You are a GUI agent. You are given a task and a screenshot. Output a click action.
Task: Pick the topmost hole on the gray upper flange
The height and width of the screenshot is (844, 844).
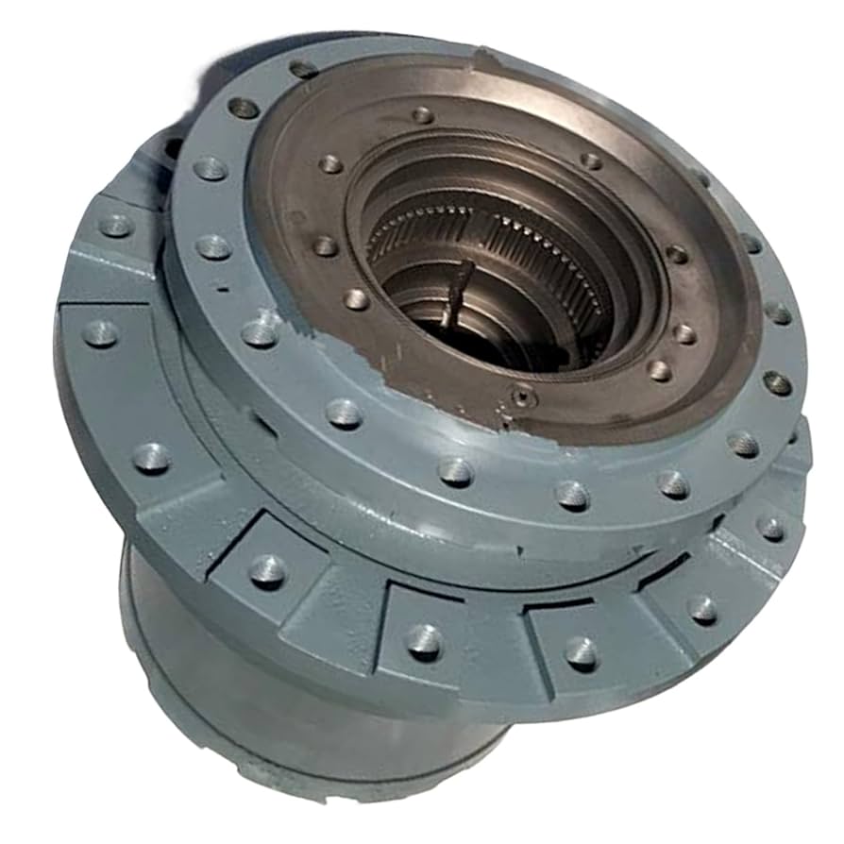click(303, 69)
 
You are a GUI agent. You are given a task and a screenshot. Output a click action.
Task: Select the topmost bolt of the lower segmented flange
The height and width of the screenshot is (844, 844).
click(116, 225)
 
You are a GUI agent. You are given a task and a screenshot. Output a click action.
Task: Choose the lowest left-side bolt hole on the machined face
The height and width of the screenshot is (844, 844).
click(356, 299)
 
